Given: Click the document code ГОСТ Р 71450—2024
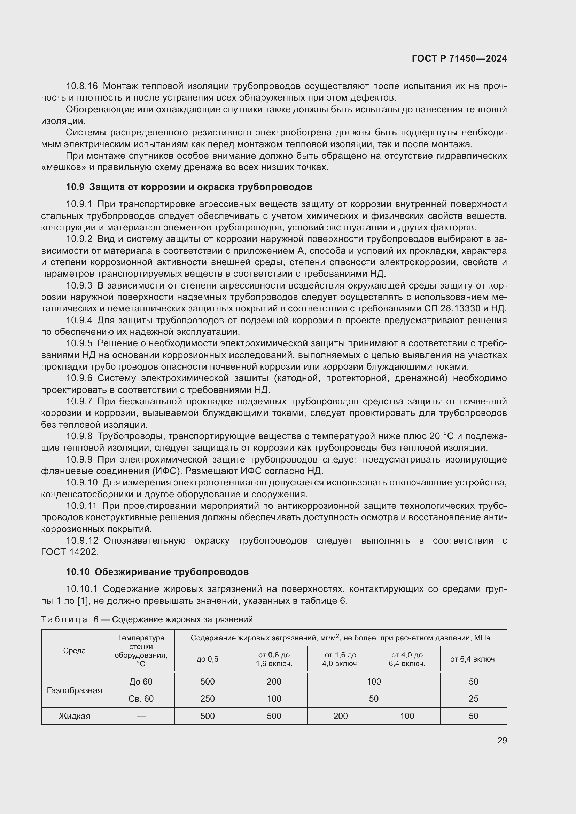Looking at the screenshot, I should point(459,59).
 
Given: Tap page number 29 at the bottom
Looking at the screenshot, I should point(502,740).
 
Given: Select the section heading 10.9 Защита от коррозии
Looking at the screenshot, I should point(189,187).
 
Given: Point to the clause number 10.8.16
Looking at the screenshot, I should point(81,86).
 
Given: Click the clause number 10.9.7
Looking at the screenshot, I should point(79,402).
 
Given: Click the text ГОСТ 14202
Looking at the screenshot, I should point(70,552).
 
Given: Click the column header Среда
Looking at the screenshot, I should point(75,650).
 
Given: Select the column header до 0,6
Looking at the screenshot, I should point(208,659).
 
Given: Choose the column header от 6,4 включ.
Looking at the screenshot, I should point(473,659).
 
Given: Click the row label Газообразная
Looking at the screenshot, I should point(75,690).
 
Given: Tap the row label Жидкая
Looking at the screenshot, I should point(75,716).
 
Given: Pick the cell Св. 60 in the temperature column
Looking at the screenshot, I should point(141,699).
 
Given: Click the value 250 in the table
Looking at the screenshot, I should point(208,699).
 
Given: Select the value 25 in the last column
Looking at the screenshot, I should point(473,699).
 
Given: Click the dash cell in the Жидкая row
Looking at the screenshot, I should point(141,716).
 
